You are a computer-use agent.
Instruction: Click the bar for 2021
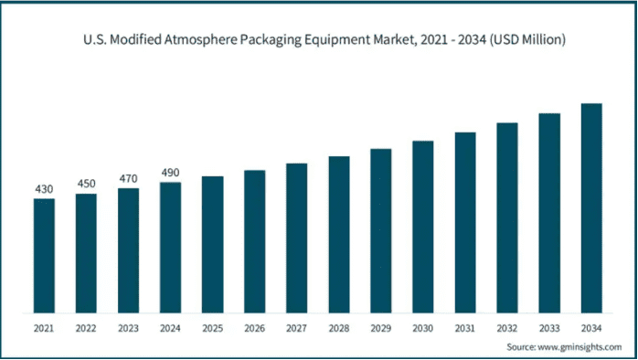[44, 256]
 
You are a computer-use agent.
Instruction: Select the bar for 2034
[591, 208]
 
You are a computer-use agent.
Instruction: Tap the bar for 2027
[297, 238]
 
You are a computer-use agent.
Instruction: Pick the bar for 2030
[423, 227]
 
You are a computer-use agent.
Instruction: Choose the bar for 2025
[212, 245]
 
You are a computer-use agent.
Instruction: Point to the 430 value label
[44, 189]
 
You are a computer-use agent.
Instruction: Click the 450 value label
[86, 184]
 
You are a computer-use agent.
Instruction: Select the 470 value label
[128, 178]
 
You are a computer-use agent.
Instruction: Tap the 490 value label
[170, 173]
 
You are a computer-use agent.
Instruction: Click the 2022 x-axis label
[86, 328]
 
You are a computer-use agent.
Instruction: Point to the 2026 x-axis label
[255, 328]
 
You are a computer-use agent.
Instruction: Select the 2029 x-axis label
[381, 328]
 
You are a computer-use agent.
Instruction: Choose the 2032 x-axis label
[507, 328]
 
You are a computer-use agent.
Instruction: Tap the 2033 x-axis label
[549, 328]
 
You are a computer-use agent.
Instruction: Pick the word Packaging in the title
[271, 41]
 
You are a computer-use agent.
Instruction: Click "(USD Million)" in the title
[526, 40]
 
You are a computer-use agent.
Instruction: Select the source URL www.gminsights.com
[580, 347]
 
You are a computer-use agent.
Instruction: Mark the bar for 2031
[465, 223]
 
